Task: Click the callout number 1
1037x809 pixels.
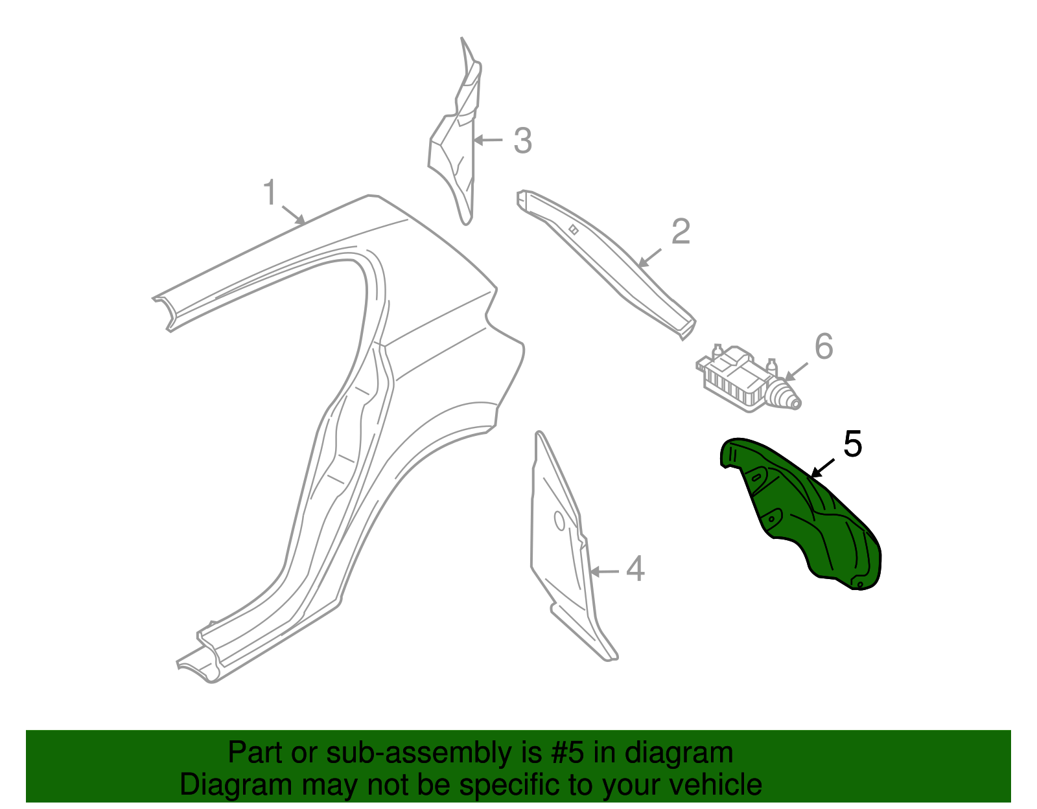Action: point(270,192)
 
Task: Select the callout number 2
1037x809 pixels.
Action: point(681,232)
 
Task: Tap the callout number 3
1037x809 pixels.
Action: point(522,141)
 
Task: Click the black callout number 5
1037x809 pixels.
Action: point(853,444)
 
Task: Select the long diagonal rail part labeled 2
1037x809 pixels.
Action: point(606,264)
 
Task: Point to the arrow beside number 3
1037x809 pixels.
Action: point(488,140)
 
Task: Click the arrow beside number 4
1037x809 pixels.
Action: point(604,571)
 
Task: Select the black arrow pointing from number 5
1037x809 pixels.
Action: point(822,468)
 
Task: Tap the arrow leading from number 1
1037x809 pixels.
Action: point(294,215)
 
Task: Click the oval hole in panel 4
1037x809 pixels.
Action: point(559,521)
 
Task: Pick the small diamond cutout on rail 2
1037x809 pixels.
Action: point(574,230)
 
